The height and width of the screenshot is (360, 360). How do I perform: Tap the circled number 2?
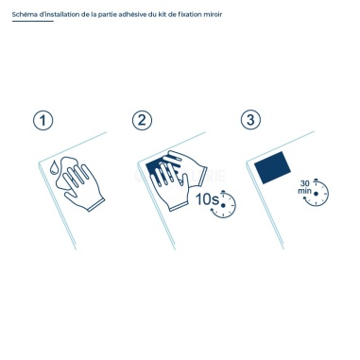pos(143,120)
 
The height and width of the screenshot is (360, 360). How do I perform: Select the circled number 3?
pos(249,120)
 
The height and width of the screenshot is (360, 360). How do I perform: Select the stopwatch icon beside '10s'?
pos(225,204)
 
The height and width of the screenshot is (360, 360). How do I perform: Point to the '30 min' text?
pos(304,186)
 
